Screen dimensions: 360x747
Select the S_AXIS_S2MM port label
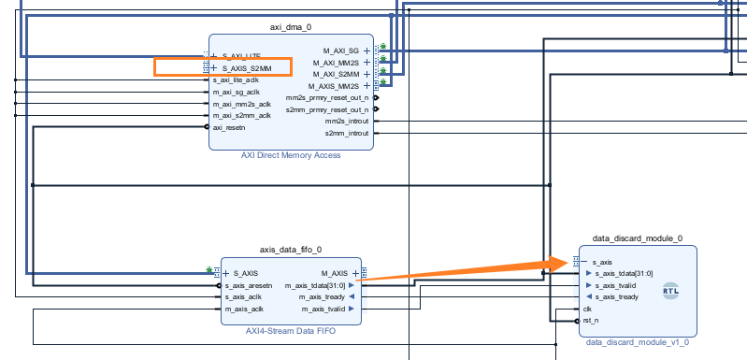click(x=248, y=68)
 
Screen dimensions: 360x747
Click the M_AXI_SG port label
click(x=342, y=50)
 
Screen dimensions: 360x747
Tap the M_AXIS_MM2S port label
click(x=337, y=85)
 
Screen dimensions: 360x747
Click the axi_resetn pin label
click(x=229, y=127)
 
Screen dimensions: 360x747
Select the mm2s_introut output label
click(x=347, y=121)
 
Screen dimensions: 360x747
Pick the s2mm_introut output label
click(x=347, y=133)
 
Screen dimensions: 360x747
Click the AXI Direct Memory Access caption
click(x=290, y=155)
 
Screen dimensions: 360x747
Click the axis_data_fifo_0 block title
click(x=290, y=250)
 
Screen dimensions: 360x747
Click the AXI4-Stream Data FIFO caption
click(x=290, y=331)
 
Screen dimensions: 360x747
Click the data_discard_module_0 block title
click(x=638, y=238)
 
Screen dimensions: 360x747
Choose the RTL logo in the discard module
click(x=670, y=291)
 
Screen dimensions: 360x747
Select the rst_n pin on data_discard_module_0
click(x=590, y=320)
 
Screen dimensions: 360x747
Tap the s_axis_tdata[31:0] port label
click(x=624, y=273)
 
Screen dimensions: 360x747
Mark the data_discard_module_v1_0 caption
click(x=638, y=342)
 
